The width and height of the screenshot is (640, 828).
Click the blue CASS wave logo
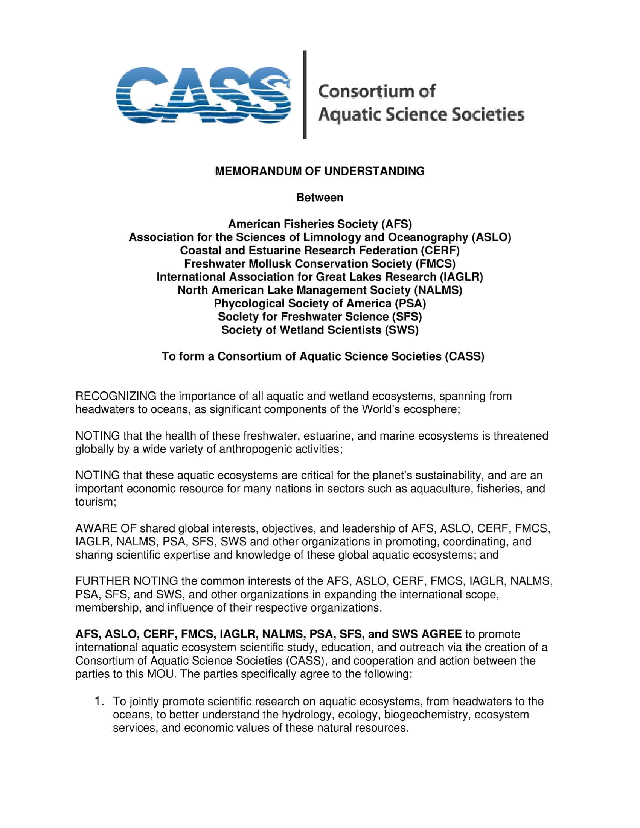203,95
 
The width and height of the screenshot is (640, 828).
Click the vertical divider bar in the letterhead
305,94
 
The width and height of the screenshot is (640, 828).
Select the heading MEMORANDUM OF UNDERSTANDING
320,171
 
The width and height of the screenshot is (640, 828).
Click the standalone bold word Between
320,198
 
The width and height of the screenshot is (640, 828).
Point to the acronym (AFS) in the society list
396,224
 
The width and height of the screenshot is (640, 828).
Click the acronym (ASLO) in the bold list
491,237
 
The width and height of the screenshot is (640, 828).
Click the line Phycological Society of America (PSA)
320,304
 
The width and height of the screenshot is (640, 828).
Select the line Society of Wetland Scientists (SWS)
320,330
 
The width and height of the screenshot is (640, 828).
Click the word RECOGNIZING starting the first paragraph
116,396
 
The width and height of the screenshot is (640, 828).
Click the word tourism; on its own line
96,502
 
